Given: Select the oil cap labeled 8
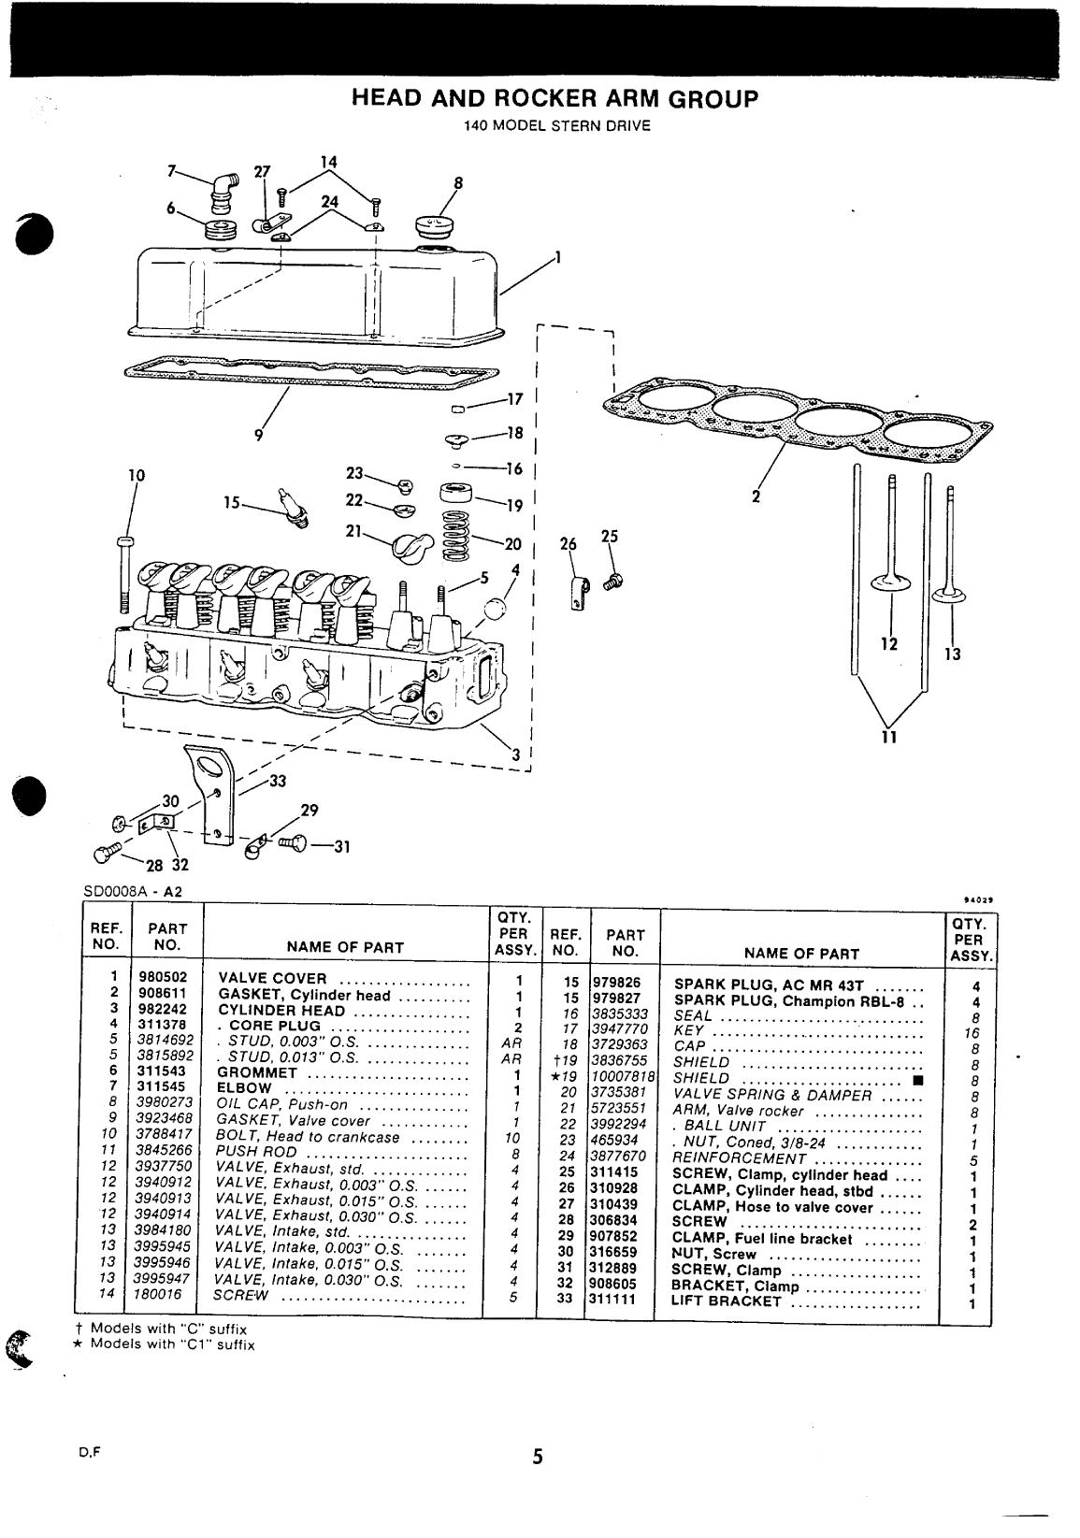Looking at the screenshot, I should coord(432,227).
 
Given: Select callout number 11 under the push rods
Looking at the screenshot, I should coord(888,738).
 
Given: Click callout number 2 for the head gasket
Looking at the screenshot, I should coord(756,496).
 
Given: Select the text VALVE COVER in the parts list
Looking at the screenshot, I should coord(272,979).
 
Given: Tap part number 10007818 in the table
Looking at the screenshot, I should coord(624,1077).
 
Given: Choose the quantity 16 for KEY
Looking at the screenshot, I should coord(973,1033).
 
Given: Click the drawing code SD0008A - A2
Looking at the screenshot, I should coord(132,892).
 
